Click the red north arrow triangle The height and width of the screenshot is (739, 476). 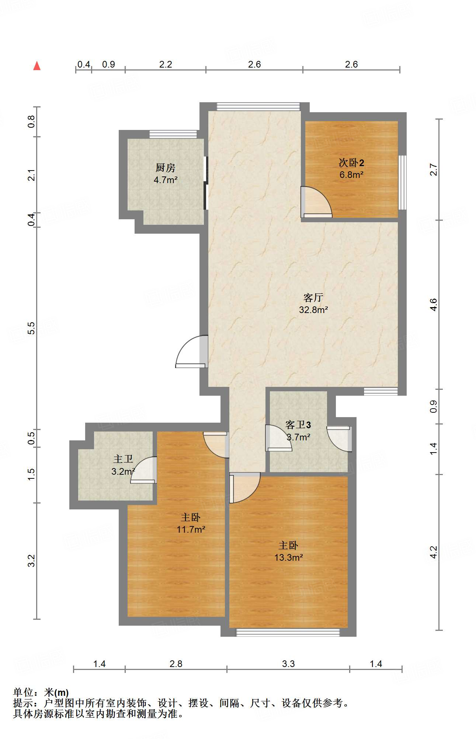pos(37,66)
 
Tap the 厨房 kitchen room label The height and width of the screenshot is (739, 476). pos(165,168)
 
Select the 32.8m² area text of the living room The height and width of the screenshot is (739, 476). pos(313,310)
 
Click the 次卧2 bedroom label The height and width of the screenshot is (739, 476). pos(352,163)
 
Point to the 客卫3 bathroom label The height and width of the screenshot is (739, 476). pos(298,425)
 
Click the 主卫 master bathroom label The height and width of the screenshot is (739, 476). pos(123,459)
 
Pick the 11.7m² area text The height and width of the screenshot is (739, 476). pos(191,529)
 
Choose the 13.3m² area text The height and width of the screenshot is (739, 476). pos(289,557)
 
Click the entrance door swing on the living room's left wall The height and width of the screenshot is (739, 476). pos(191,351)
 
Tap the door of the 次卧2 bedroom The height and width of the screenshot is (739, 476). pos(316,202)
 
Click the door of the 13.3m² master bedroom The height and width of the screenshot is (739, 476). pos(245,488)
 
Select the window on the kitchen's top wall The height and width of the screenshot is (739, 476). pos(173,134)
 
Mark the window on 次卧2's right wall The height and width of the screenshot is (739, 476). pos(402,182)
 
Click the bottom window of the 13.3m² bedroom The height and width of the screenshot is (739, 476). pos(288,632)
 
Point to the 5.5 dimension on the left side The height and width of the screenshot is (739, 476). pos(32,328)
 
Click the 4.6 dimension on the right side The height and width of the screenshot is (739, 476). pos(434,305)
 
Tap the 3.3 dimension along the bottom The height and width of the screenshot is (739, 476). pos(288,664)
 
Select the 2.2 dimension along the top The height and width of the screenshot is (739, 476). pos(166,65)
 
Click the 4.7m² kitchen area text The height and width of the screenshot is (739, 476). pos(166,180)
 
